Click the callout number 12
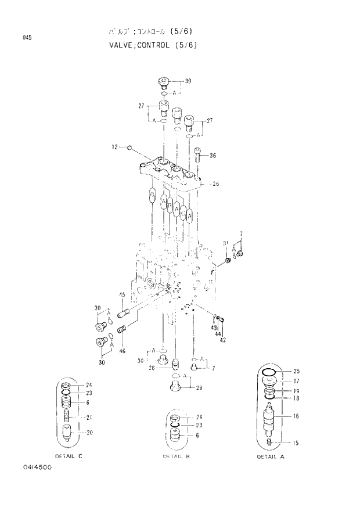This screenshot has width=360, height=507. tap(114, 147)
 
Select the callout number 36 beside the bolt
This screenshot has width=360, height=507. tap(213, 155)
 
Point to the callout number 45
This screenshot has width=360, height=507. tap(123, 296)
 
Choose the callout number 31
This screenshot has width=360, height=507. tap(225, 243)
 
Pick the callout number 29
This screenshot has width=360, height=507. tap(199, 387)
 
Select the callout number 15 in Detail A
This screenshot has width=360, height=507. tap(296, 443)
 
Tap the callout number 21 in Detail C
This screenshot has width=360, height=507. tap(89, 418)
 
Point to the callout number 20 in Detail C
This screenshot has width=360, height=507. tap(89, 432)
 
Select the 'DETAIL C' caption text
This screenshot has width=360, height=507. tap(69, 456)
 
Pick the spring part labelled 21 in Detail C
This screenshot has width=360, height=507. tap(68, 416)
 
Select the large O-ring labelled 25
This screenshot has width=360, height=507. tap(268, 371)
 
